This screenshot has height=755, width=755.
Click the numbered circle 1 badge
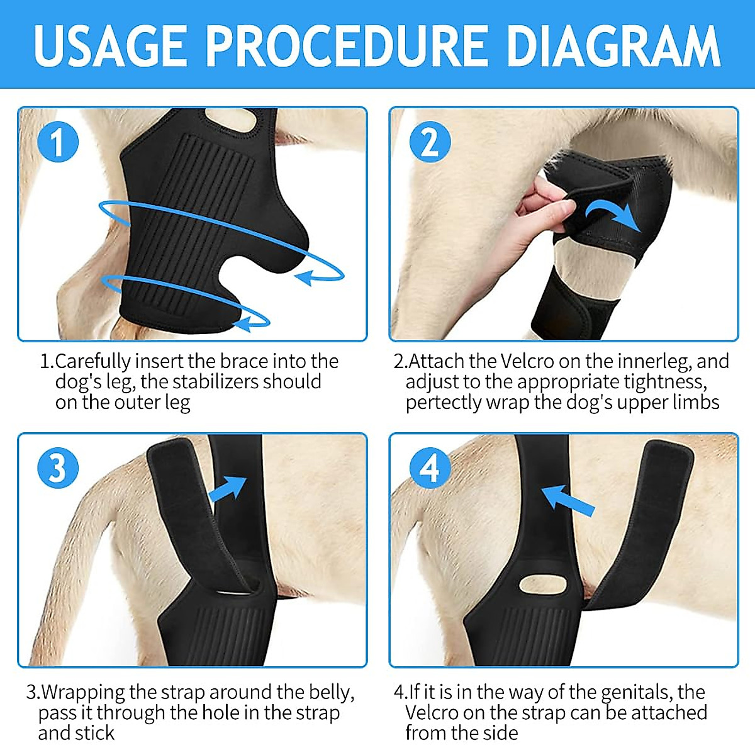(57, 142)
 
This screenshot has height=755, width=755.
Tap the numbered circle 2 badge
(430, 142)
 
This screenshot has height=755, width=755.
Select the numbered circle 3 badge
(57, 467)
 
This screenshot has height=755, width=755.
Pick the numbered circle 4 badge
(430, 467)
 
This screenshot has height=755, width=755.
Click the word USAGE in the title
(111, 45)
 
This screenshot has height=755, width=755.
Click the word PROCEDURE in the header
(346, 45)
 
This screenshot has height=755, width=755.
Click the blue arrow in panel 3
(227, 488)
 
